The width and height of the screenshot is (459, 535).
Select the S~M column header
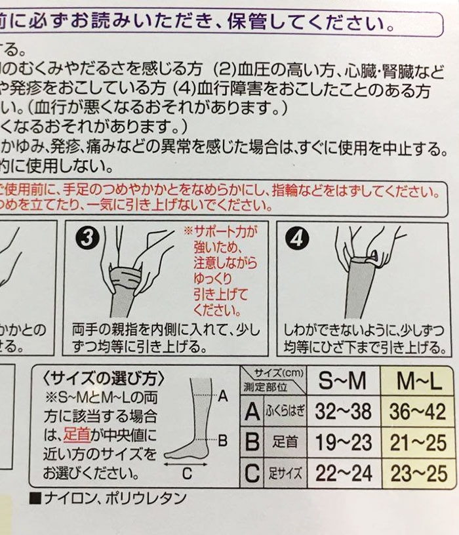(x=342, y=381)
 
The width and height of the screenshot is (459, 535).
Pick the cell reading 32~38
(x=343, y=412)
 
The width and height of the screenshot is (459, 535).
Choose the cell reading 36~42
(x=417, y=412)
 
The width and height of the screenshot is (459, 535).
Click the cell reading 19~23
(x=343, y=442)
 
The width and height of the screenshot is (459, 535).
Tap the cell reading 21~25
(x=417, y=442)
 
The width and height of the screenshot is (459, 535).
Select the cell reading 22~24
(x=343, y=472)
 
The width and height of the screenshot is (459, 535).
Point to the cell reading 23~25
(x=417, y=472)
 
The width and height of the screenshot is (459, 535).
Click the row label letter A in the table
(x=251, y=412)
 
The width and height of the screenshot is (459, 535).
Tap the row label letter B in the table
(x=251, y=442)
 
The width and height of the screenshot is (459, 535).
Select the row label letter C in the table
(x=251, y=472)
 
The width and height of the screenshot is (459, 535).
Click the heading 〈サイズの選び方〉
(x=104, y=378)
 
